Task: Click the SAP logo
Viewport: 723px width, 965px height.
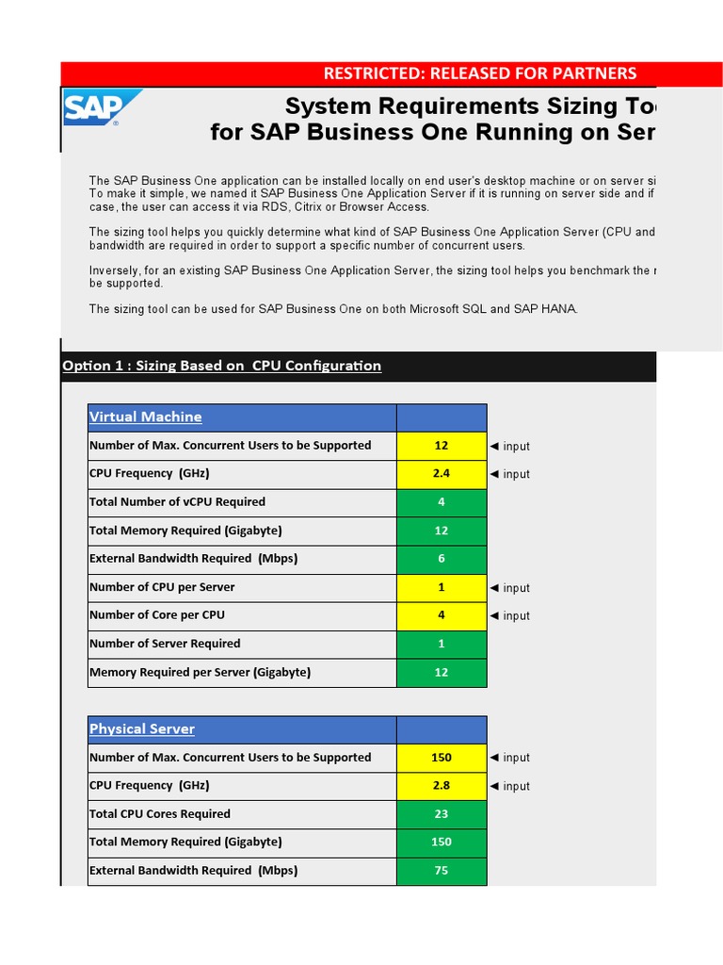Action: point(102,108)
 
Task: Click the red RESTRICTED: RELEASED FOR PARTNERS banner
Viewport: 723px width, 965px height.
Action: point(480,74)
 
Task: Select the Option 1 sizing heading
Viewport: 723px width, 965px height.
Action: point(221,366)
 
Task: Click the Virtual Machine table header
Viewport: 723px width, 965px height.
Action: point(146,417)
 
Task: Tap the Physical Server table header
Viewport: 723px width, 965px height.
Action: point(142,728)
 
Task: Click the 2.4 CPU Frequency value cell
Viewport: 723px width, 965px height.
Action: point(442,474)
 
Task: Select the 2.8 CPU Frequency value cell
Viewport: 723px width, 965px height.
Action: point(442,786)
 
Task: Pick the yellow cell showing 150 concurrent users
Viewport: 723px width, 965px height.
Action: point(442,758)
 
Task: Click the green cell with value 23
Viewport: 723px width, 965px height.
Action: point(442,814)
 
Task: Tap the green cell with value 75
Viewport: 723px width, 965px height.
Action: point(442,871)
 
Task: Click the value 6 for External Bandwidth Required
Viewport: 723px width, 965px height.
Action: point(442,559)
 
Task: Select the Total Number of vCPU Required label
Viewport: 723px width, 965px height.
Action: point(177,502)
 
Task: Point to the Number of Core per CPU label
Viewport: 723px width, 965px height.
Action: point(157,615)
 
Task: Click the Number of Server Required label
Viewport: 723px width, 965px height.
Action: point(165,644)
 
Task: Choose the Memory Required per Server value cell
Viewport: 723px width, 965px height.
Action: point(442,673)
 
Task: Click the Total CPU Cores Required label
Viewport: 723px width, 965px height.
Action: point(160,814)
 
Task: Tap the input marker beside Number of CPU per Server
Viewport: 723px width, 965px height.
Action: point(509,588)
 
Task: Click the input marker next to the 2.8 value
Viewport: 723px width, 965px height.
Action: point(509,786)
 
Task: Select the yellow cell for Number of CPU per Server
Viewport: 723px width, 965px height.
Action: point(442,587)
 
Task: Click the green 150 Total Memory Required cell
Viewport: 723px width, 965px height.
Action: point(442,842)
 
